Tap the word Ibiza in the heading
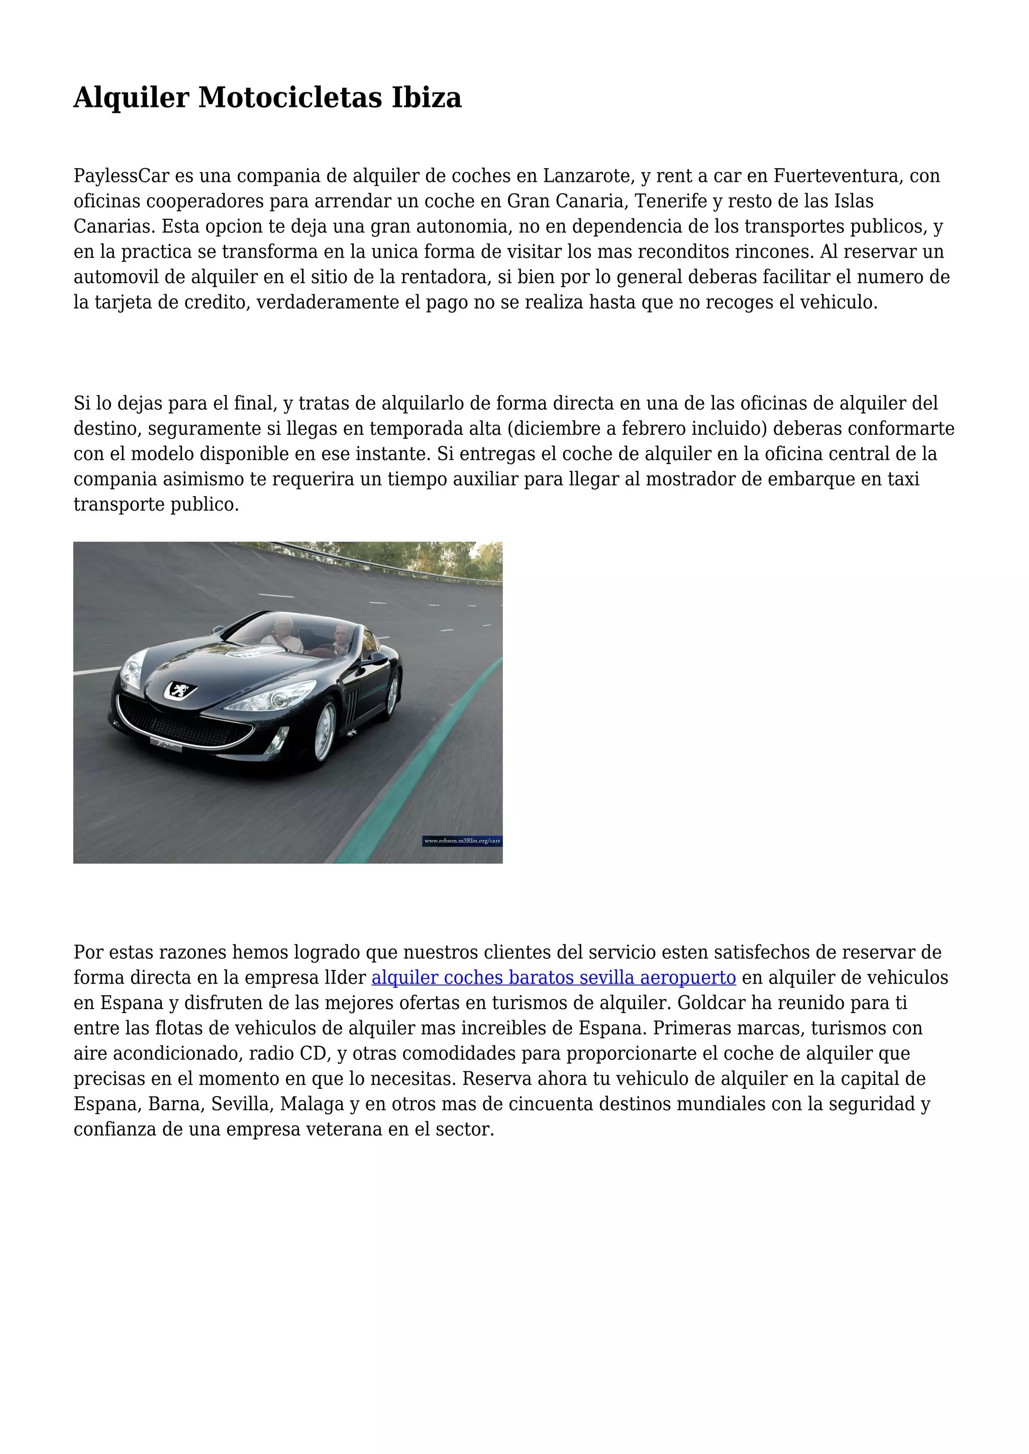tap(427, 97)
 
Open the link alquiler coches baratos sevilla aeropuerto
tap(553, 978)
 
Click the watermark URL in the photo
tap(462, 841)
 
